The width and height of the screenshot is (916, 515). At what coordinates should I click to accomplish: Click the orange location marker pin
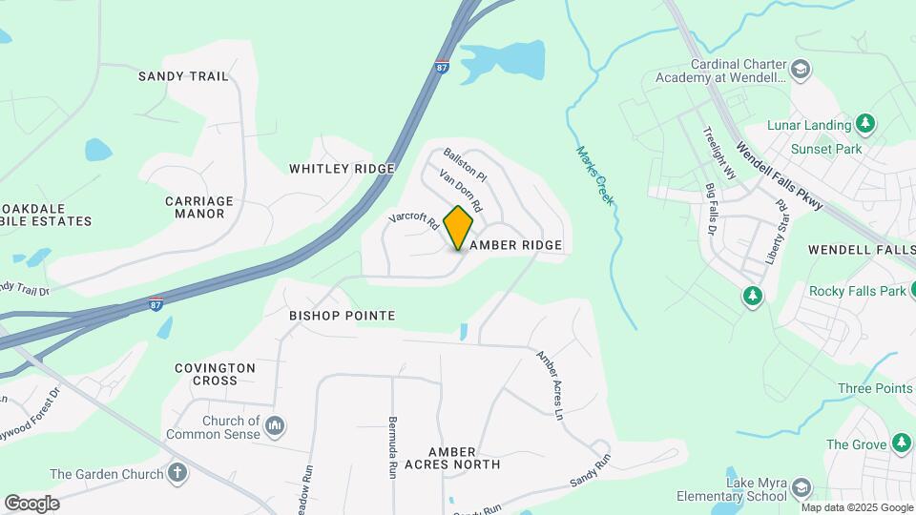point(459,227)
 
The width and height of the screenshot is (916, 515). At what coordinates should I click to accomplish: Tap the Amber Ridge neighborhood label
point(515,245)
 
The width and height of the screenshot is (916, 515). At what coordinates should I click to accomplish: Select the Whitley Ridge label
point(342,169)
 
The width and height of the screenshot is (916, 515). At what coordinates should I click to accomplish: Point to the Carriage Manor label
point(199,207)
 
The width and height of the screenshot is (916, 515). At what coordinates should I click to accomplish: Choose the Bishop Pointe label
point(342,315)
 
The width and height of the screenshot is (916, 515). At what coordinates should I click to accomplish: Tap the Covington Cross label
point(215,374)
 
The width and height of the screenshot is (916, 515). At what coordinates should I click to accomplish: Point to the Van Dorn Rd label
point(461,191)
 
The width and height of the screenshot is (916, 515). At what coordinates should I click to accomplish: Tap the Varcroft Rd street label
point(413,220)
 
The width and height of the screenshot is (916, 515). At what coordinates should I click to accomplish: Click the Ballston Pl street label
point(465,164)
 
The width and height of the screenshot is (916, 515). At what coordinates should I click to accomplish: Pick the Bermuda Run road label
point(392,446)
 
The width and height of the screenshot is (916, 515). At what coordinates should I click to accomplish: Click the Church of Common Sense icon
point(275,424)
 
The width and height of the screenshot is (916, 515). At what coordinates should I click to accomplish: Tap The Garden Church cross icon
point(177,472)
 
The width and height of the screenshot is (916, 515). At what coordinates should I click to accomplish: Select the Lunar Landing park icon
point(864,124)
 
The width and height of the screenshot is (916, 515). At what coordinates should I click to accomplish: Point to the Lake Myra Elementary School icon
point(801,488)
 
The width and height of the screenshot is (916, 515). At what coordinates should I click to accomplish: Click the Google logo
point(31,503)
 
